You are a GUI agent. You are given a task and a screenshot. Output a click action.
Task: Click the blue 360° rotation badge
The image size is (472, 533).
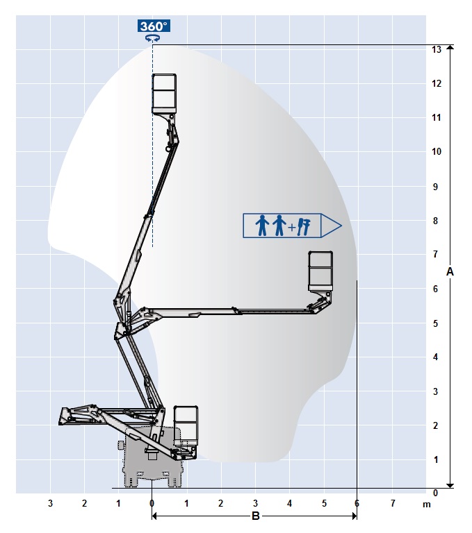click(154, 26)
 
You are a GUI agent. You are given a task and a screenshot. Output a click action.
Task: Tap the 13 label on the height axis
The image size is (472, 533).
click(437, 50)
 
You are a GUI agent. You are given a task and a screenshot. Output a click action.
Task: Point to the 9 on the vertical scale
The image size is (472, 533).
click(435, 187)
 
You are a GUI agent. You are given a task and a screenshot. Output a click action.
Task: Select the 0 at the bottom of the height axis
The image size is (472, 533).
click(435, 493)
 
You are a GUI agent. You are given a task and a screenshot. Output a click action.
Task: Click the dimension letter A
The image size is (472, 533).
click(450, 271)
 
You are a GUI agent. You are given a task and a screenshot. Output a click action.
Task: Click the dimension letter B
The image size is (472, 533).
click(255, 516)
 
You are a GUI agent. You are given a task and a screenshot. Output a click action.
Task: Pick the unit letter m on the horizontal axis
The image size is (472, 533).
click(426, 505)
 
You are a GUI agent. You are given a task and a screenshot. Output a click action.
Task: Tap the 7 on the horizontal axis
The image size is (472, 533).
click(393, 503)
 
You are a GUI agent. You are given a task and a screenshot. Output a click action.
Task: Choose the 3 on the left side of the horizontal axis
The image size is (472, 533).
click(51, 503)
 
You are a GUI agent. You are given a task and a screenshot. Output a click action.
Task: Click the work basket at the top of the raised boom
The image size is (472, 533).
click(164, 93)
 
